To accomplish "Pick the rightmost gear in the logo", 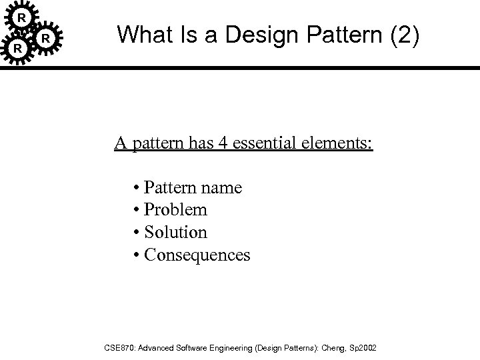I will coord(45,39).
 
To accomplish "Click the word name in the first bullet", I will coord(225,188).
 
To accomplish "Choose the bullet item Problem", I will coord(175,210).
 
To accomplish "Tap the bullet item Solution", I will coord(175,233).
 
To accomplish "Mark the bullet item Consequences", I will coord(197,255).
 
